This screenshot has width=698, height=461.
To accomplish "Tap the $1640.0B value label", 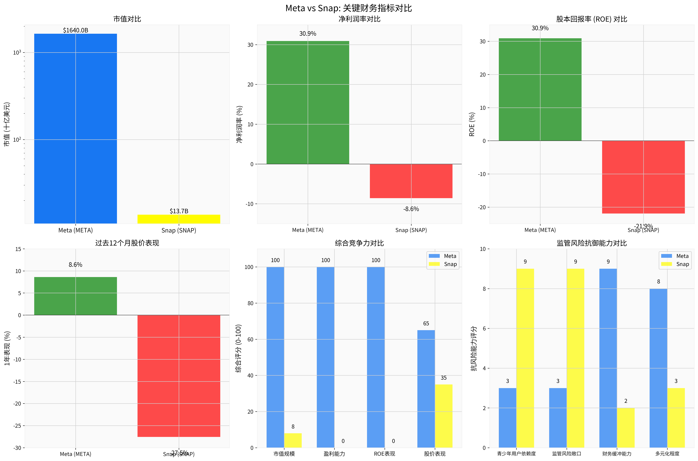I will pyautogui.click(x=75, y=30).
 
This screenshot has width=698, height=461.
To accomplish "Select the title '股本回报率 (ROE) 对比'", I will pyautogui.click(x=591, y=19).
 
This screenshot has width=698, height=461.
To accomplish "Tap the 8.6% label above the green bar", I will pyautogui.click(x=75, y=265).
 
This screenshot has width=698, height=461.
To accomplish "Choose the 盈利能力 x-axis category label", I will pyautogui.click(x=334, y=454).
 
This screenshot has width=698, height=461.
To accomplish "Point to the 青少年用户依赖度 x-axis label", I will pyautogui.click(x=516, y=454).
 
